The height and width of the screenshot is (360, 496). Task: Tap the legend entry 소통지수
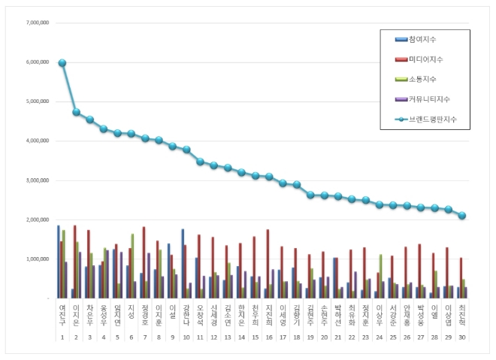[x=422, y=79]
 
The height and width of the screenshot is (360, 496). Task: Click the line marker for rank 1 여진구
[x=62, y=63]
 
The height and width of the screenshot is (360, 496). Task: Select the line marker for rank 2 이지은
[x=76, y=112]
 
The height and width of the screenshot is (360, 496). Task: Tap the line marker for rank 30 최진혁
[x=462, y=216]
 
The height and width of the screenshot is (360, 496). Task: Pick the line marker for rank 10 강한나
[x=186, y=150]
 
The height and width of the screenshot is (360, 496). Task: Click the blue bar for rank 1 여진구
[x=58, y=262]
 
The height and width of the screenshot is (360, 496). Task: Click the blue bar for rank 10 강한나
[x=183, y=264]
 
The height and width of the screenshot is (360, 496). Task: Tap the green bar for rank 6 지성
[x=132, y=266]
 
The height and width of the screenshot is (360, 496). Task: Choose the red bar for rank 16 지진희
[x=268, y=264]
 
